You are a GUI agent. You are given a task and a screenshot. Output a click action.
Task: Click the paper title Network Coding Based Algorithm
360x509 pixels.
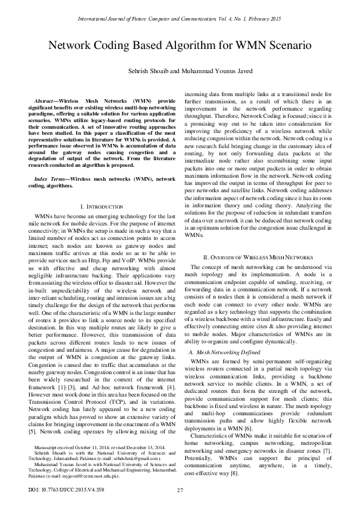pyautogui.click(x=180, y=45)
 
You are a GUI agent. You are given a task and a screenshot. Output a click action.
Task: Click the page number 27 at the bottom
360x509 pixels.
pyautogui.click(x=180, y=489)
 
